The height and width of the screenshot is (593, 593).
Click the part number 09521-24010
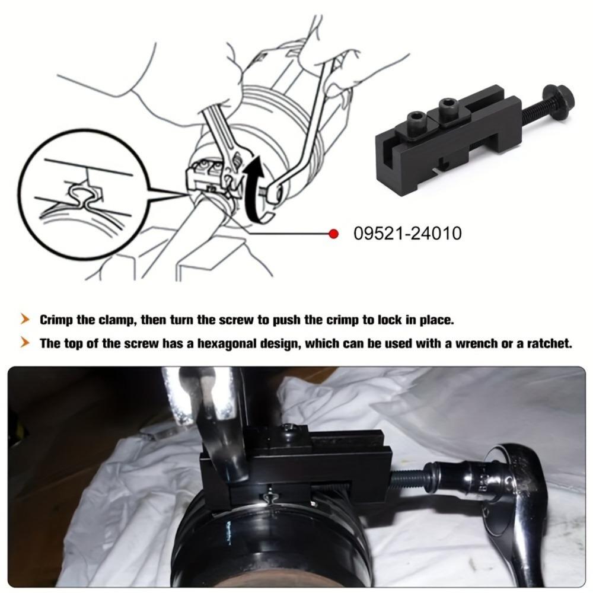pos(407,234)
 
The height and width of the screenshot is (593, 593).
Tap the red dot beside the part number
pos(333,234)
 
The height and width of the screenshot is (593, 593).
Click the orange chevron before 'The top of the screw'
pos(25,343)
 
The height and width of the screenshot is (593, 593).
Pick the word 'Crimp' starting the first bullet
pos(57,320)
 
